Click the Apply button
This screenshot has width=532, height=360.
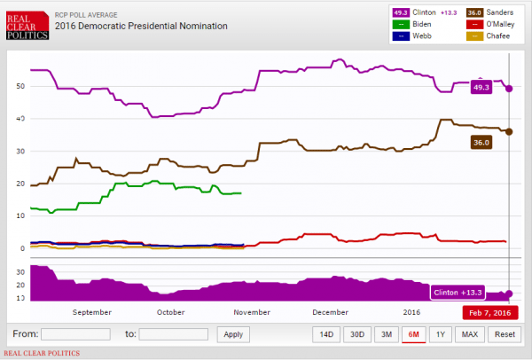(x=232, y=334)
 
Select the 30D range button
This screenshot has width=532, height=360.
(x=357, y=334)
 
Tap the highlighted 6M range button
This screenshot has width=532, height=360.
(x=413, y=334)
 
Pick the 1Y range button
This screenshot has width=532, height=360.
(x=441, y=334)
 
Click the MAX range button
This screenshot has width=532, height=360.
(x=470, y=334)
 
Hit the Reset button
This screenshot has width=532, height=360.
(x=505, y=334)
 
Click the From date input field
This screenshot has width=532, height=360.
(x=75, y=334)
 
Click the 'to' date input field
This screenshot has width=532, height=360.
(x=173, y=334)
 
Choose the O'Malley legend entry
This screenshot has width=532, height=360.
(x=495, y=25)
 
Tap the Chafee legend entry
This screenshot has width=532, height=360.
(x=493, y=36)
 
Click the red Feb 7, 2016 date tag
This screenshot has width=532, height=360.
(x=489, y=312)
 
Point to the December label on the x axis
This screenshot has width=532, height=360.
(x=330, y=312)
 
